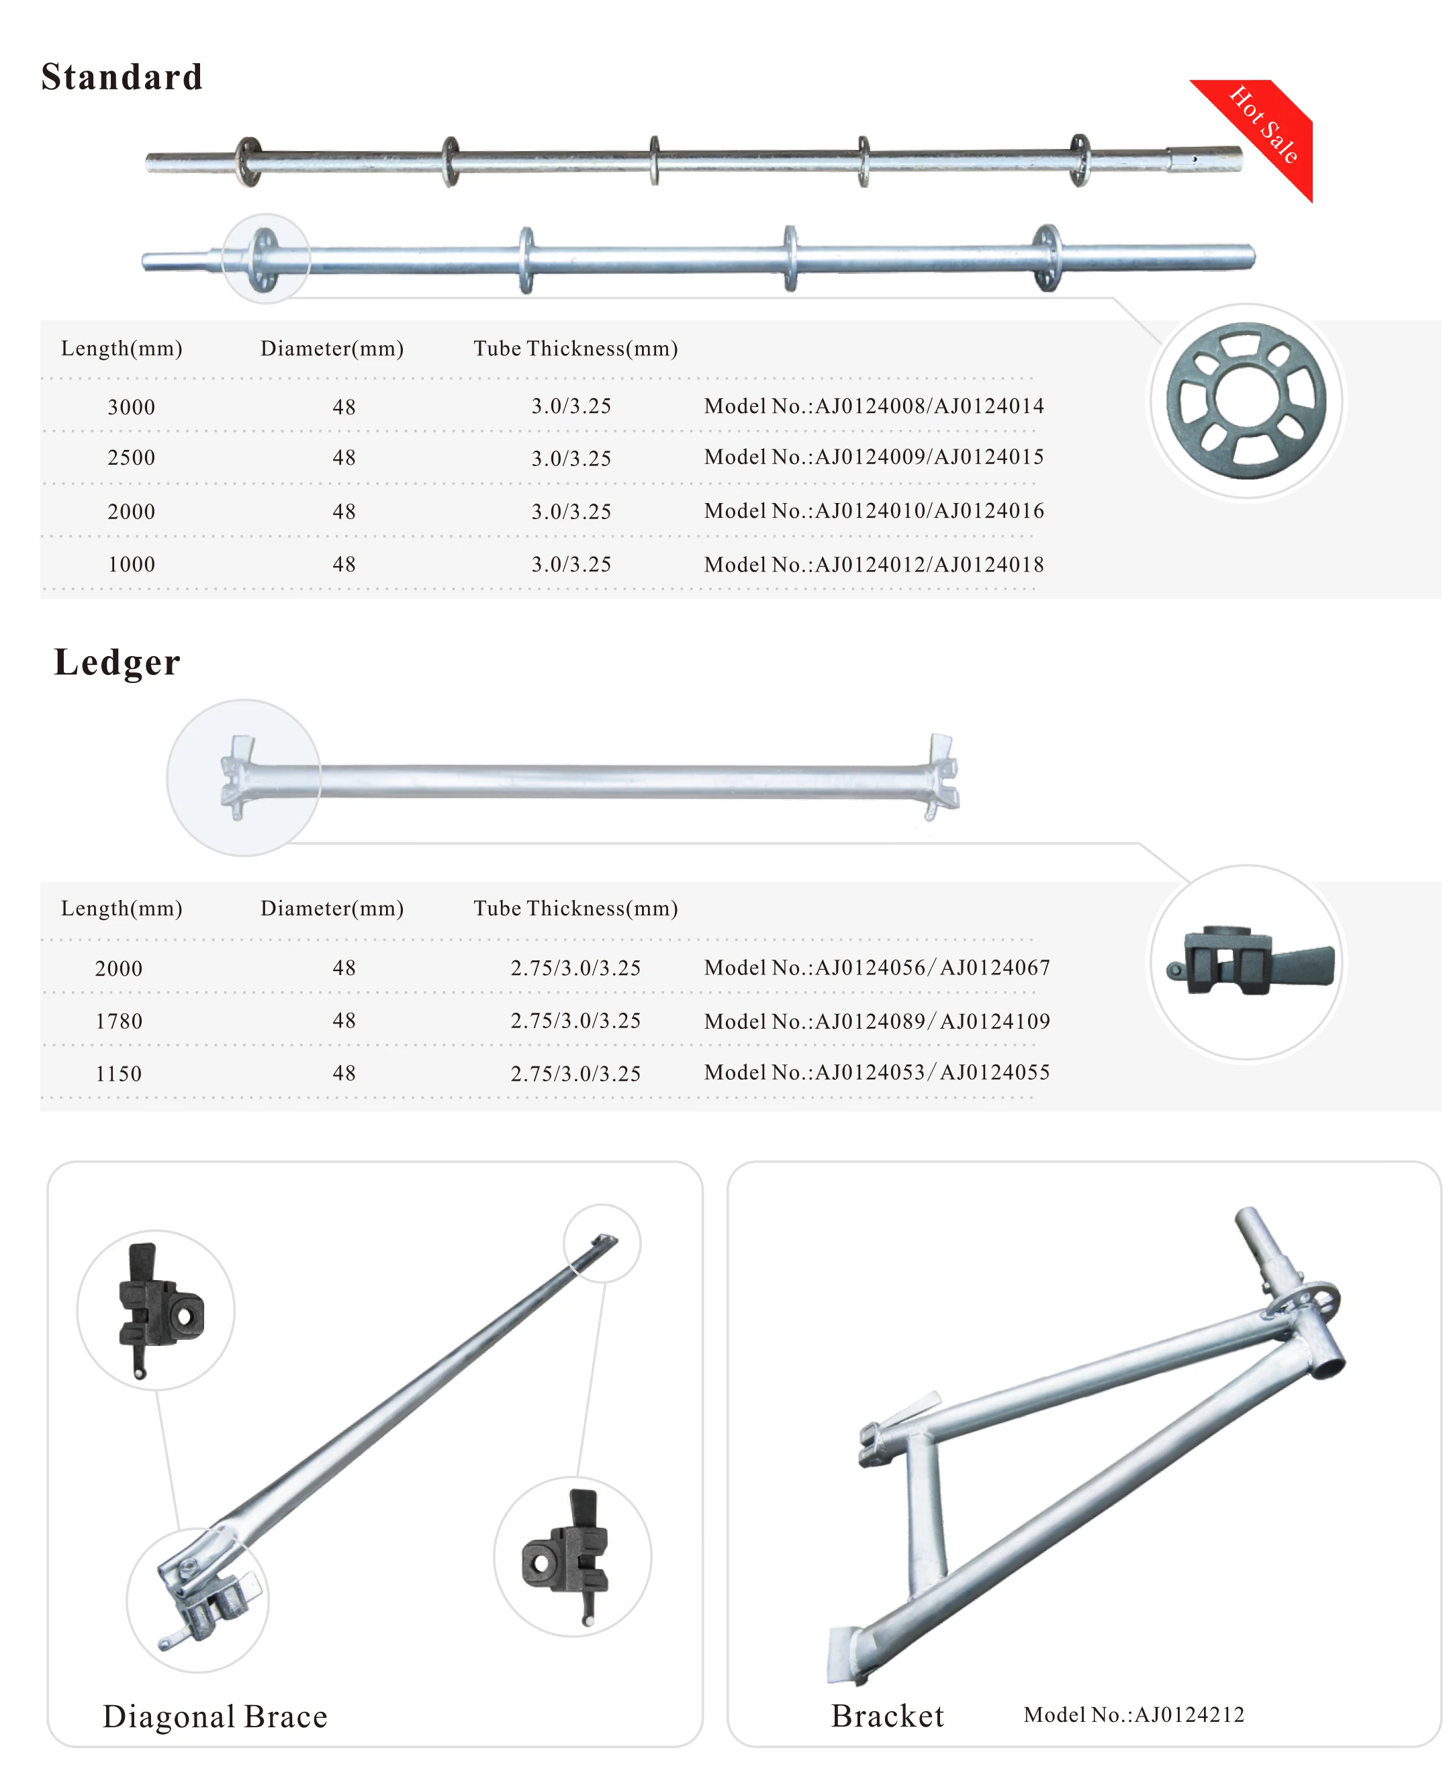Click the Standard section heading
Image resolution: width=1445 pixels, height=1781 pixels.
pos(122,77)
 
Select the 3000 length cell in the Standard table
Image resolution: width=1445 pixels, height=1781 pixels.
pos(132,407)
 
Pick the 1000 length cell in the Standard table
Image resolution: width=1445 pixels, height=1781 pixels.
pos(132,565)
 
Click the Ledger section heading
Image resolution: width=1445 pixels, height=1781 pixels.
pos(118,663)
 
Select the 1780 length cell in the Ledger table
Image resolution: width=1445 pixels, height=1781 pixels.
pos(119,1021)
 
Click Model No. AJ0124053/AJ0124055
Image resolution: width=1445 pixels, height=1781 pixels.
pos(876,1072)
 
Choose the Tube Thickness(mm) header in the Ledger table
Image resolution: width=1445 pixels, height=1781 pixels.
pos(575,909)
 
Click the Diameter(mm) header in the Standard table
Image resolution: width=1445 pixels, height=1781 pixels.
pos(332,349)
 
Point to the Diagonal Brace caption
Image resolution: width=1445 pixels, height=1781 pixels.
pos(216,1716)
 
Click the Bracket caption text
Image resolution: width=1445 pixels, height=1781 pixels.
pos(887,1715)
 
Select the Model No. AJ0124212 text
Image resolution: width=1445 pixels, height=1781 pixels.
pos(1133,1715)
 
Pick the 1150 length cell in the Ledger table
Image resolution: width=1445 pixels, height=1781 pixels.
pos(119,1074)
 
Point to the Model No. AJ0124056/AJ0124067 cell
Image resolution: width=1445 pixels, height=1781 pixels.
pos(876,968)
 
